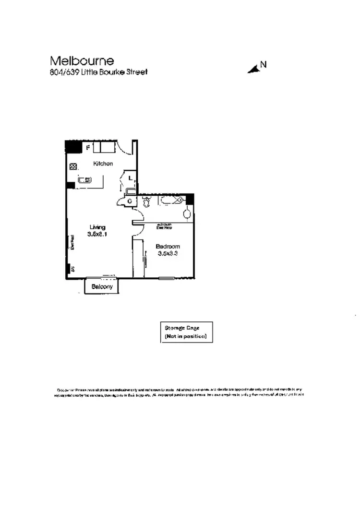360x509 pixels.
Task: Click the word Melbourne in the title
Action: pyautogui.click(x=82, y=61)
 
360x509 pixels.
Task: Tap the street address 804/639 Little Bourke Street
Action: pyautogui.click(x=98, y=72)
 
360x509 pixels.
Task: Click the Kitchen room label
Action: pyautogui.click(x=103, y=164)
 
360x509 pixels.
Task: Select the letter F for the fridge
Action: pyautogui.click(x=88, y=148)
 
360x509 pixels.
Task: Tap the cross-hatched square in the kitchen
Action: pyautogui.click(x=73, y=167)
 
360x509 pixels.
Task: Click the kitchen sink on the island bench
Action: pyautogui.click(x=85, y=180)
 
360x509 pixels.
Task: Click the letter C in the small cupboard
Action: pyautogui.click(x=130, y=201)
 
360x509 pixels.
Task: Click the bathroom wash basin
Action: pyautogui.click(x=187, y=212)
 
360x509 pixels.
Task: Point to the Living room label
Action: pyautogui.click(x=97, y=227)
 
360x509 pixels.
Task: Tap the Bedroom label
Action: pyautogui.click(x=168, y=247)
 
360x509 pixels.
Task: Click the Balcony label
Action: pyautogui.click(x=102, y=287)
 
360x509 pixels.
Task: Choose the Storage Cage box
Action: pyautogui.click(x=186, y=332)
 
